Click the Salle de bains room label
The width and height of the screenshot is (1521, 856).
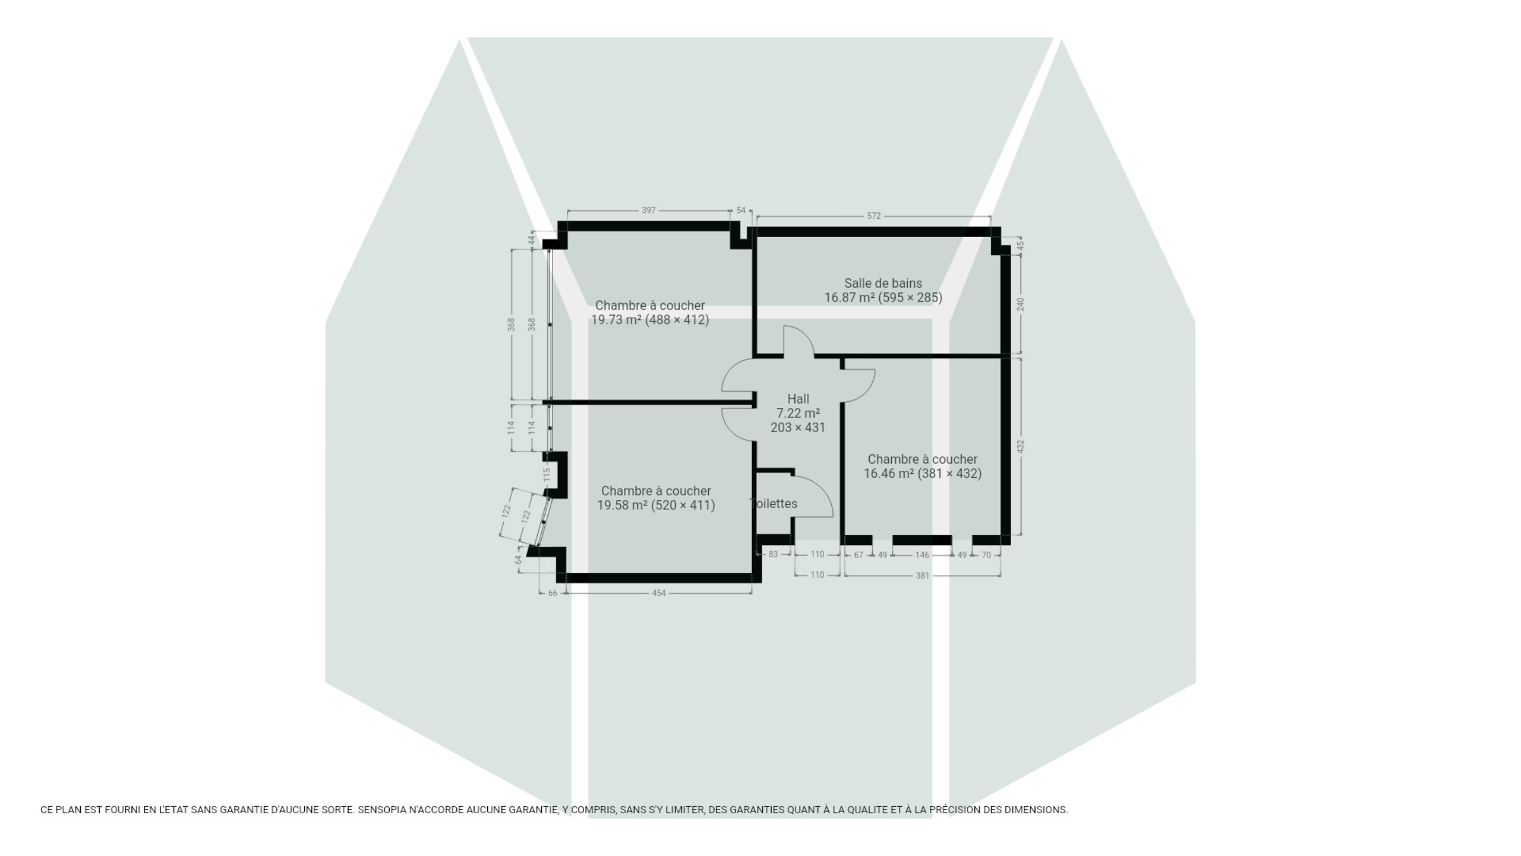pos(883,284)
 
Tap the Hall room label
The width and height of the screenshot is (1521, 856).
pos(798,399)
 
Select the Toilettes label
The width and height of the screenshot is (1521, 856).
pos(774,503)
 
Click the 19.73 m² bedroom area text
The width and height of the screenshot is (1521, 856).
pos(650,320)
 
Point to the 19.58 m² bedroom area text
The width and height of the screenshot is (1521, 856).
pos(656,505)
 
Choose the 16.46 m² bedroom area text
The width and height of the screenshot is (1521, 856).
pos(922,474)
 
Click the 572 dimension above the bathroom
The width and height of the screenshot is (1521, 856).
pos(873,216)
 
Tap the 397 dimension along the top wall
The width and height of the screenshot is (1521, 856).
pos(649,210)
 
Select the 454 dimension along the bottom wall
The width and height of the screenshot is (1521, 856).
pos(659,593)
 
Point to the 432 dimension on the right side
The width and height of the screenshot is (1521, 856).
pos(1021,446)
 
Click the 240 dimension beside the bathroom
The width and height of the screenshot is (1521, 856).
pos(1021,304)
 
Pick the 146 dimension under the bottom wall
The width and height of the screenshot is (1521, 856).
pos(922,555)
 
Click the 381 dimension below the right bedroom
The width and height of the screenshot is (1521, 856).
pos(922,575)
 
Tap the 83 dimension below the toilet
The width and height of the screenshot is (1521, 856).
pos(773,554)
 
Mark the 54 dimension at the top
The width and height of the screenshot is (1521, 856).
pos(741,210)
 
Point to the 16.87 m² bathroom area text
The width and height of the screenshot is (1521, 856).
pos(883,298)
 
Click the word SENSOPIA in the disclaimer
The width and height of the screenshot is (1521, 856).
pos(382,810)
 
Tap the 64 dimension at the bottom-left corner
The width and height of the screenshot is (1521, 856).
pos(519,560)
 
